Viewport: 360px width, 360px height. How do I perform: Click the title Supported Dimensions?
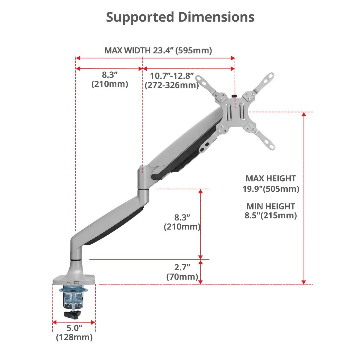pyautogui.click(x=180, y=17)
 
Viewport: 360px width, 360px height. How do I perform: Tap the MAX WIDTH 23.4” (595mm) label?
pyautogui.click(x=158, y=51)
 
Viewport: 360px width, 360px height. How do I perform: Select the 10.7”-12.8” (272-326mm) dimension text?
pyautogui.click(x=172, y=80)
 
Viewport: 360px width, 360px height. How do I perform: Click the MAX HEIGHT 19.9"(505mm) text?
pyautogui.click(x=271, y=184)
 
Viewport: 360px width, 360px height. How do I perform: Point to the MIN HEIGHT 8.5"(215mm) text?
pyautogui.click(x=271, y=211)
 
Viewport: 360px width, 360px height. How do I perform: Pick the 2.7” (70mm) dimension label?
pyautogui.click(x=182, y=272)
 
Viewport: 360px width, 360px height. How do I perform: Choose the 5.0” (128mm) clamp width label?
pyautogui.click(x=74, y=333)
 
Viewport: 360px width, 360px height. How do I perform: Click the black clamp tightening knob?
pyautogui.click(x=73, y=314)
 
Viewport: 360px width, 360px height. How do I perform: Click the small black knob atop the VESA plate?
pyautogui.click(x=234, y=96)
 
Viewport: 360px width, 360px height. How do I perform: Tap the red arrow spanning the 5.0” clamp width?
pyautogui.click(x=74, y=322)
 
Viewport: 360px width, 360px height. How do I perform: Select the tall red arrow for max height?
pyautogui.click(x=304, y=198)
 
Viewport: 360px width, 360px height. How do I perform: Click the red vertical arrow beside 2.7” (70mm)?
pyautogui.click(x=200, y=272)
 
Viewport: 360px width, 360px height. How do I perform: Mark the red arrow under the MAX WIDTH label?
pyautogui.click(x=155, y=58)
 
